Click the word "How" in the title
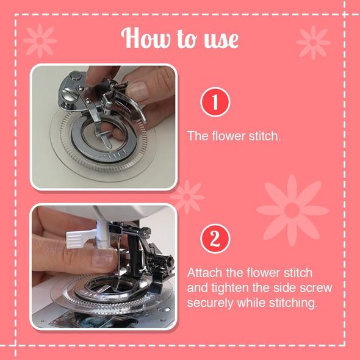click(x=146, y=38)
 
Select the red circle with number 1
click(x=215, y=102)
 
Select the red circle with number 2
click(x=215, y=239)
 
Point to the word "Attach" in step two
click(x=204, y=273)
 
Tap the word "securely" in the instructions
click(x=211, y=303)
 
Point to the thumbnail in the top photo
click(x=137, y=90)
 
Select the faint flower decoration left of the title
click(x=40, y=41)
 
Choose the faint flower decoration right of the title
click(x=314, y=42)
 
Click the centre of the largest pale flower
click(x=292, y=211)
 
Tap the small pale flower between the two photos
click(x=187, y=197)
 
